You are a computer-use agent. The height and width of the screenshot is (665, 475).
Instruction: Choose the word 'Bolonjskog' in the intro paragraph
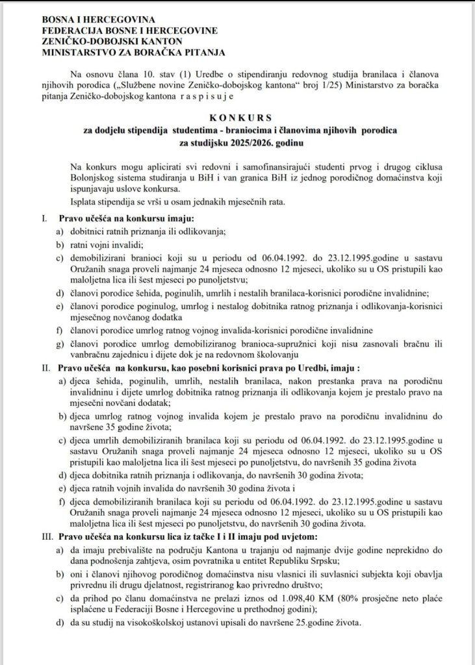pos(87,175)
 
